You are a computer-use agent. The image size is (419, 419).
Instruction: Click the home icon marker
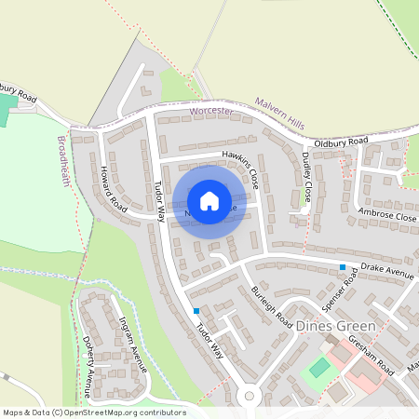209,200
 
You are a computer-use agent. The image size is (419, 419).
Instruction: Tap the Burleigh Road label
271,304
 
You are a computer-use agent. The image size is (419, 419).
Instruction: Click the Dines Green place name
334,327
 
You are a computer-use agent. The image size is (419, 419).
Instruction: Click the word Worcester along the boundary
209,111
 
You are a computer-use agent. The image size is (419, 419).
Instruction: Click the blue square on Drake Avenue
343,267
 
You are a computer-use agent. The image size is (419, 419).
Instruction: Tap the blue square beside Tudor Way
196,311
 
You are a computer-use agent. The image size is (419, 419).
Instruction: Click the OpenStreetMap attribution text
93,412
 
